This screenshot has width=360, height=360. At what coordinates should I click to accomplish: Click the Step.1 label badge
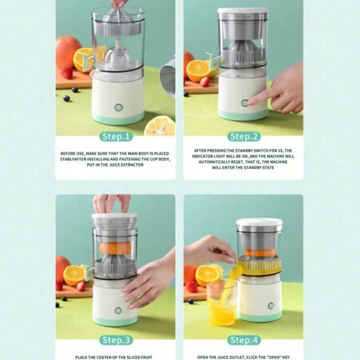116,137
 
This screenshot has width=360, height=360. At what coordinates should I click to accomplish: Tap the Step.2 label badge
244,137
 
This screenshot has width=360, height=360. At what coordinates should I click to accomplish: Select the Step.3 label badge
116,340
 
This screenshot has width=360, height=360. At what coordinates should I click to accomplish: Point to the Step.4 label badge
244,340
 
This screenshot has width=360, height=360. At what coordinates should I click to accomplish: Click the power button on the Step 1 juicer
118,107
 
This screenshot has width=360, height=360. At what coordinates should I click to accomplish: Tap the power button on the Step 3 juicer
118,310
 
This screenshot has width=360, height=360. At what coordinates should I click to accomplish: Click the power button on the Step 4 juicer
271,306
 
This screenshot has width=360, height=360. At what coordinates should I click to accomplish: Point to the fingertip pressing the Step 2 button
249,102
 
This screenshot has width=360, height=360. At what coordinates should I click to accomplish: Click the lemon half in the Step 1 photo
159,126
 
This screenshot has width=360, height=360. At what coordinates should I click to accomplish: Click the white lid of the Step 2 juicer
242,10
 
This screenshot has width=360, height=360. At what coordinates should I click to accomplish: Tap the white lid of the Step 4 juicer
259,222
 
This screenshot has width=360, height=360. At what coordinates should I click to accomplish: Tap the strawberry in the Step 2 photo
205,82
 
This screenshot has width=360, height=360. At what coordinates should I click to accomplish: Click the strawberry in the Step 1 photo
67,72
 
